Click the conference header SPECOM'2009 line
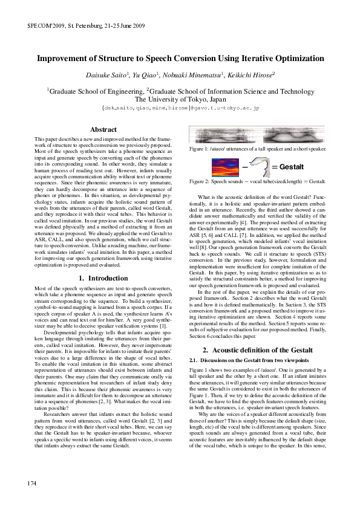86,27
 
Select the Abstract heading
103,129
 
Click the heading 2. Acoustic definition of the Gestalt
257,350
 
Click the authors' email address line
180,108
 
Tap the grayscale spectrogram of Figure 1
257,136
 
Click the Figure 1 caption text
258,149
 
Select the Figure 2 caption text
258,181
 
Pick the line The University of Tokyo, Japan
180,99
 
